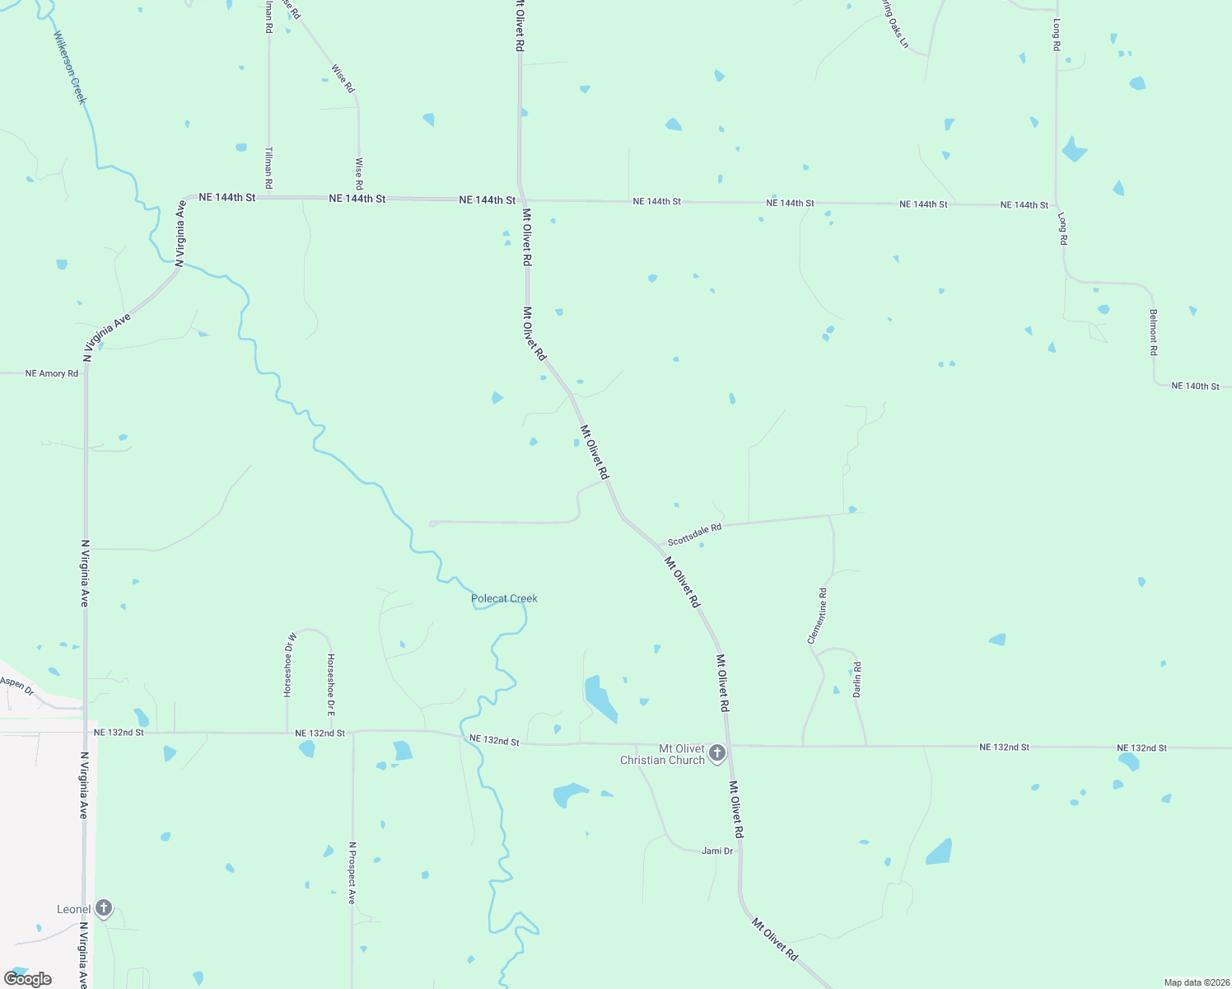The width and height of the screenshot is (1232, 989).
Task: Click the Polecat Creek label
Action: tap(504, 598)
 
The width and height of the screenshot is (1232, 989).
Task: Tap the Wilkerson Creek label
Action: tap(69, 68)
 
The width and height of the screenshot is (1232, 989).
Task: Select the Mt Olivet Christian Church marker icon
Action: tap(717, 753)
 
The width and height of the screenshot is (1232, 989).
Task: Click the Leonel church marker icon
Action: tap(104, 908)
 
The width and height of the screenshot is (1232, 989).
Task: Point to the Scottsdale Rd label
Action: tap(694, 534)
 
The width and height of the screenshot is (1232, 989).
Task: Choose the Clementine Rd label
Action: tap(817, 616)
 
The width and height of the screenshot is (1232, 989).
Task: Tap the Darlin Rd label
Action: tap(856, 680)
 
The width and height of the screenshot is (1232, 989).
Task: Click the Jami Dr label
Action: tap(716, 851)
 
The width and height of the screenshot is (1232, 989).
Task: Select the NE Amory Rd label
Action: tap(52, 373)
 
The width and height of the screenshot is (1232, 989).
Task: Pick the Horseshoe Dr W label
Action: tap(288, 665)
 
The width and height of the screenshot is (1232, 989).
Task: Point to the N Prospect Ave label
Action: tap(352, 873)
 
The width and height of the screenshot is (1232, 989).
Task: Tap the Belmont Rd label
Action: tap(1153, 333)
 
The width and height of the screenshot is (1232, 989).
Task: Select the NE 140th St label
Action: tap(1195, 386)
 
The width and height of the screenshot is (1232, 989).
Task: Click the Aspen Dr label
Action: tap(16, 686)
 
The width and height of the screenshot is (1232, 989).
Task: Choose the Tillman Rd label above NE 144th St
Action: tap(268, 168)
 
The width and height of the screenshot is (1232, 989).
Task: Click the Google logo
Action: tap(28, 979)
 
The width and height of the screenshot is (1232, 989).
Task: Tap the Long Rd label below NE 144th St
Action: tap(1062, 228)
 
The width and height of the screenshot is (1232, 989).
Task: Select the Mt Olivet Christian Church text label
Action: tap(663, 754)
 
